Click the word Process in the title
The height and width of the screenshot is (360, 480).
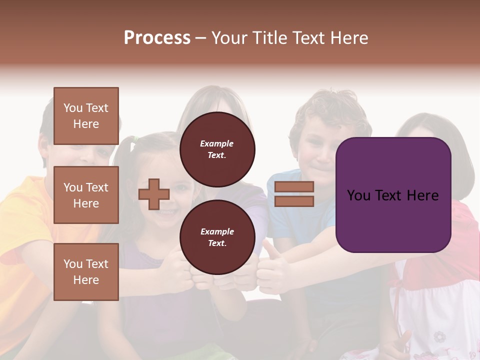click(157, 38)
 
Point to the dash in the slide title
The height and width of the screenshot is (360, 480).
click(201, 38)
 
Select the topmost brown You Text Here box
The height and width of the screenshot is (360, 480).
click(86, 116)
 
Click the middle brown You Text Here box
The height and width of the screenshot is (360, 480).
click(86, 195)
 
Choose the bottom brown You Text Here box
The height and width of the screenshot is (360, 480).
click(86, 271)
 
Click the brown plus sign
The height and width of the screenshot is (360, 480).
click(153, 194)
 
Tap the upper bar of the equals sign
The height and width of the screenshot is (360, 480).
click(294, 186)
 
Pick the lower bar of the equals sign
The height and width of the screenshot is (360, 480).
click(294, 201)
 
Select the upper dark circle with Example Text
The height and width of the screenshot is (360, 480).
click(217, 149)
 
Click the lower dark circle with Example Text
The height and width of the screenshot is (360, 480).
click(217, 237)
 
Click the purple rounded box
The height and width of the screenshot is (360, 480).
click(393, 194)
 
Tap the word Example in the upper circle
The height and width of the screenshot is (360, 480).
click(217, 143)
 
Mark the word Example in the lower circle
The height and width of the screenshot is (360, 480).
click(217, 231)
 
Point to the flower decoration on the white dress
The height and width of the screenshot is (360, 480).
click(439, 336)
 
